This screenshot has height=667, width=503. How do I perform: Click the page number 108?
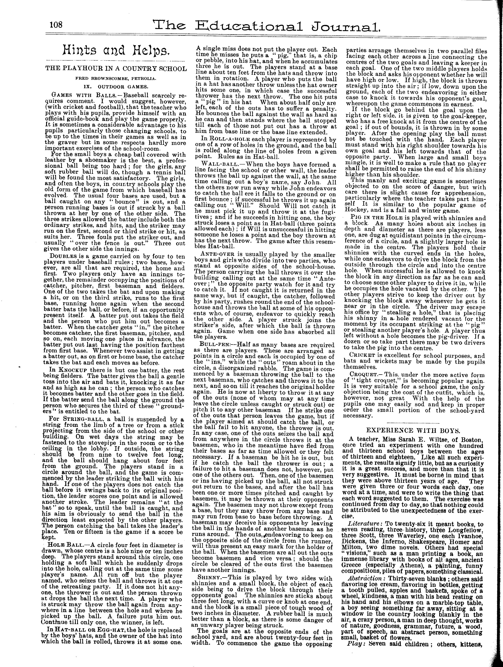point(56,24)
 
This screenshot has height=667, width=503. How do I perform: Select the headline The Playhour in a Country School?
point(116,69)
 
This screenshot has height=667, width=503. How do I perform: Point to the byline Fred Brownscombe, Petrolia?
point(116,78)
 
